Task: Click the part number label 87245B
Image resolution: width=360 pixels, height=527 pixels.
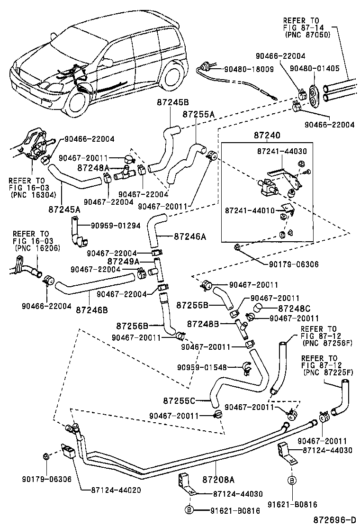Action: click(x=173, y=102)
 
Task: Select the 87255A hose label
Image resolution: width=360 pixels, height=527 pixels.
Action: click(x=199, y=115)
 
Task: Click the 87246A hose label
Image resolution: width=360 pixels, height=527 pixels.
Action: click(x=189, y=235)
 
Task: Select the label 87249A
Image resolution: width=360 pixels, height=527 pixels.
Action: click(x=123, y=261)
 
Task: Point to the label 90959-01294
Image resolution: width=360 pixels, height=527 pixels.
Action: click(x=116, y=226)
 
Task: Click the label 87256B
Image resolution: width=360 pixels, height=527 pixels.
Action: click(x=133, y=326)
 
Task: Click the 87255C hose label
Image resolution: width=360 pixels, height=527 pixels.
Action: click(x=192, y=401)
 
